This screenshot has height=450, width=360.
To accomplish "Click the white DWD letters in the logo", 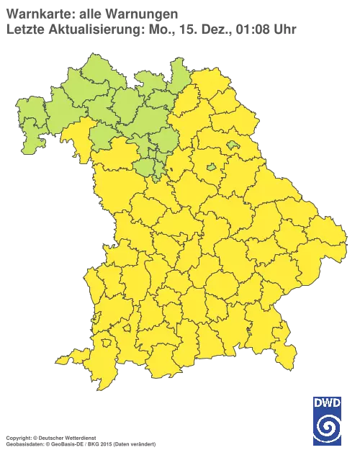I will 328,402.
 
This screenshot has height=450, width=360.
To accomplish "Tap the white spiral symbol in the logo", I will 328,428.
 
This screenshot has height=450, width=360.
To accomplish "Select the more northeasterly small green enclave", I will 233,145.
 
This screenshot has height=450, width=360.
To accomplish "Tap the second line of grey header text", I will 151,29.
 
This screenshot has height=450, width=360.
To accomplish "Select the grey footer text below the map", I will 65,437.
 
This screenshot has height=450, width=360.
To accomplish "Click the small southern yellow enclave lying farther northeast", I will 127,328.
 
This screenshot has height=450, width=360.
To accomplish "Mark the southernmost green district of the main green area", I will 148,170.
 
